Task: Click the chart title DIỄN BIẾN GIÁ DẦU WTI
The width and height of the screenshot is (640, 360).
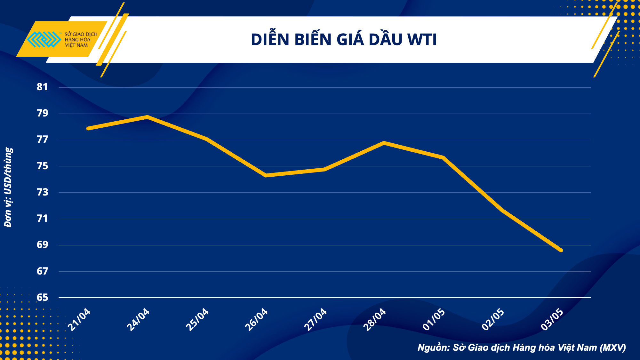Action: click(344, 40)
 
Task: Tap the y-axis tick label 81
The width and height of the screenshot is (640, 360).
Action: click(42, 87)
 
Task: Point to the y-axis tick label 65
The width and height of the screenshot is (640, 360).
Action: click(42, 298)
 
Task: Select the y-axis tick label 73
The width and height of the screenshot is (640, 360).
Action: click(42, 192)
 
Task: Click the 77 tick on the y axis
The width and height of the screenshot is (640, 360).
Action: click(42, 140)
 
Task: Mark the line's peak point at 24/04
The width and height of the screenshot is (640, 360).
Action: click(147, 117)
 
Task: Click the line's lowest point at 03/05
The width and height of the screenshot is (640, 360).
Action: click(561, 250)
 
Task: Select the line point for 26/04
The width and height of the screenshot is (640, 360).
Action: click(266, 175)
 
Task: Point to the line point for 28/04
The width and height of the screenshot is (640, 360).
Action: click(384, 143)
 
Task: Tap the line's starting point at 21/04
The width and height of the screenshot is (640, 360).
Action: click(88, 128)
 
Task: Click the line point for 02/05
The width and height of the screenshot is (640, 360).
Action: click(502, 210)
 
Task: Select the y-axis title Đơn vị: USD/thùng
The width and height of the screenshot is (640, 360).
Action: click(8, 187)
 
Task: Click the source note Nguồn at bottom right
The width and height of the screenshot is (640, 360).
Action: click(522, 348)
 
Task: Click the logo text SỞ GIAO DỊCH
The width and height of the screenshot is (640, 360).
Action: click(81, 34)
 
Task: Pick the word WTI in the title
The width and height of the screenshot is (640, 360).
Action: click(422, 40)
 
